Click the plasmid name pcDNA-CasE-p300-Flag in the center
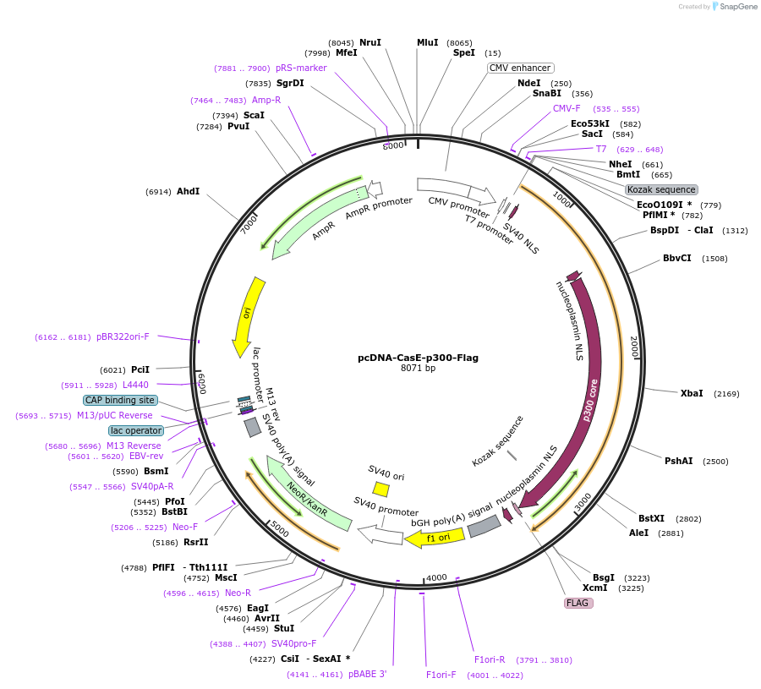[418, 358]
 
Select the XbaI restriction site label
[692, 393]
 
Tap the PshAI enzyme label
[678, 461]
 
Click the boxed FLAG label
[578, 603]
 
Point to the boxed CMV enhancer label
[520, 68]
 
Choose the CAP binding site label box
[119, 400]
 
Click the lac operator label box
[135, 430]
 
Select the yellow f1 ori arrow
[435, 537]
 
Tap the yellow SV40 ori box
[381, 489]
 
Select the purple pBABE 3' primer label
[360, 674]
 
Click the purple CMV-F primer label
[567, 108]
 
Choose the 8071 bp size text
[418, 369]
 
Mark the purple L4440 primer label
[135, 385]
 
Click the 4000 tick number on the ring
[436, 577]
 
